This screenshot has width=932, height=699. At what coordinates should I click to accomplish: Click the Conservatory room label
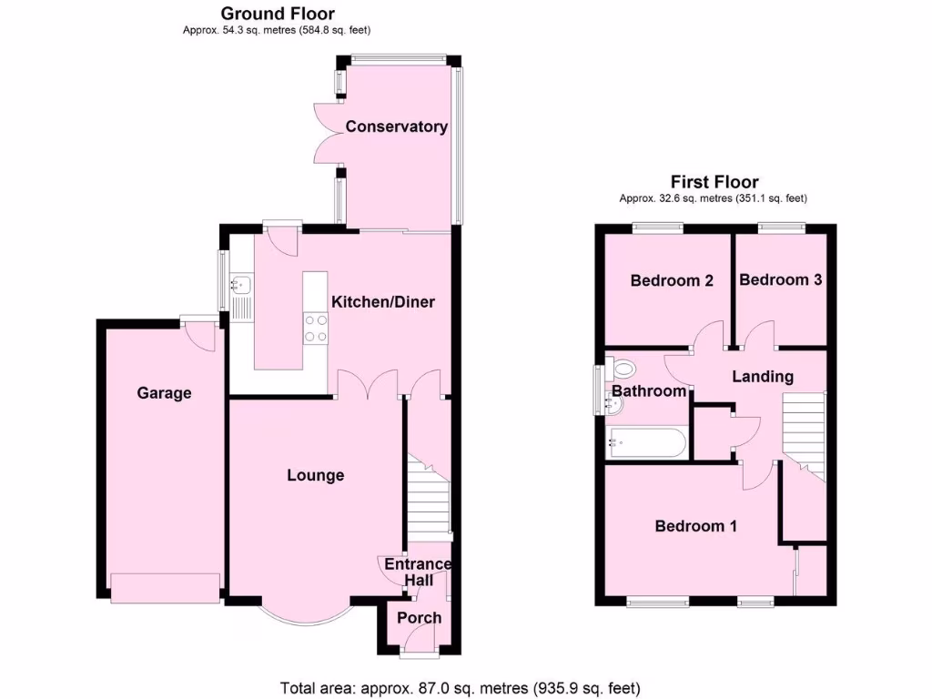pyautogui.click(x=396, y=127)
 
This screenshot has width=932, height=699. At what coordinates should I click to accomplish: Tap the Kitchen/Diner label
pyautogui.click(x=382, y=302)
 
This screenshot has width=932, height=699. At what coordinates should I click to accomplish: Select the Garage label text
pyautogui.click(x=164, y=393)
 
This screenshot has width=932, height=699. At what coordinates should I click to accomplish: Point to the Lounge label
pyautogui.click(x=315, y=475)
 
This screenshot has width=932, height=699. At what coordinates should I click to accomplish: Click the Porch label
pyautogui.click(x=419, y=618)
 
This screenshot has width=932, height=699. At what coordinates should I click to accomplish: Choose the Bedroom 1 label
pyautogui.click(x=696, y=526)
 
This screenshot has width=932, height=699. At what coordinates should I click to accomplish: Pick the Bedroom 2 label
pyautogui.click(x=671, y=280)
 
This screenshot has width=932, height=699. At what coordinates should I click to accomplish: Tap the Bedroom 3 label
pyautogui.click(x=780, y=280)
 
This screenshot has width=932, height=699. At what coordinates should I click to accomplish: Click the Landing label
pyautogui.click(x=763, y=376)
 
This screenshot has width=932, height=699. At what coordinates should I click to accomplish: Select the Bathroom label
pyautogui.click(x=648, y=391)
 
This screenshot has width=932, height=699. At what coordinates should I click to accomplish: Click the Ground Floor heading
pyautogui.click(x=278, y=14)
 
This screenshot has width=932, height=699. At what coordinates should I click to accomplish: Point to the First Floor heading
pyautogui.click(x=714, y=182)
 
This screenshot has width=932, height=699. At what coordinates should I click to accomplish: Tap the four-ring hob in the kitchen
pyautogui.click(x=316, y=328)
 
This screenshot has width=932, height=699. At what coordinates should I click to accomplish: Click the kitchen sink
pyautogui.click(x=241, y=285)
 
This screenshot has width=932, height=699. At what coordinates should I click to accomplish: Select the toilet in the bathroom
pyautogui.click(x=623, y=369)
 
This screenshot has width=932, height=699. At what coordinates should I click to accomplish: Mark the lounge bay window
pyautogui.click(x=303, y=619)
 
